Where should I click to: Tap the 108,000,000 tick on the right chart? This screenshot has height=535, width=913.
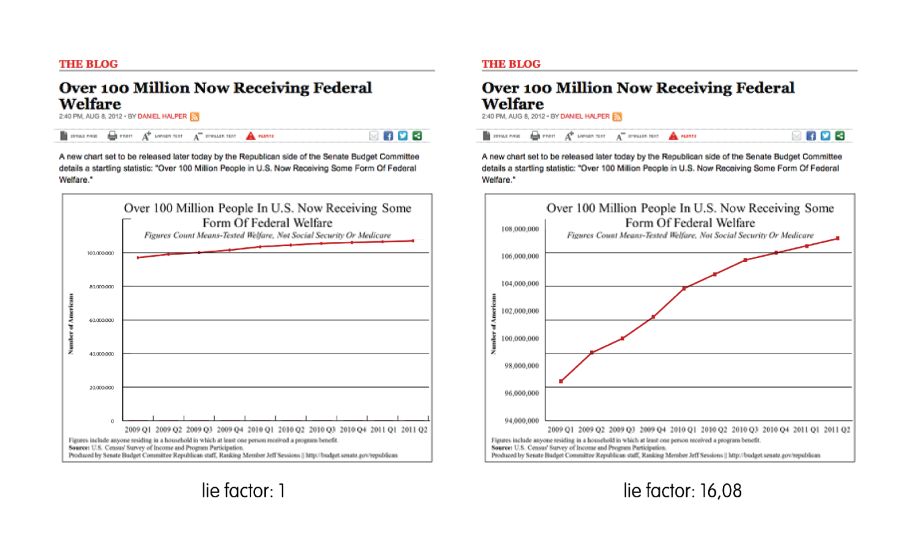520,230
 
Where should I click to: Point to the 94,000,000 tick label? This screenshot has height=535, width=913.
520,421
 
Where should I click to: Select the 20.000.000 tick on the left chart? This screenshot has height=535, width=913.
101,388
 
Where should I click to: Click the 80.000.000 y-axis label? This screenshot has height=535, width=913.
101,287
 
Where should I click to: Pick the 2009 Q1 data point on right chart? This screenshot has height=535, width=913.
561,381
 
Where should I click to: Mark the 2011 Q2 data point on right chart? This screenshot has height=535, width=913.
838,238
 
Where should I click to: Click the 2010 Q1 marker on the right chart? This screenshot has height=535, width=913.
684,288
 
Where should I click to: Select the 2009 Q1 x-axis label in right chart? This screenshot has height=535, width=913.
561,429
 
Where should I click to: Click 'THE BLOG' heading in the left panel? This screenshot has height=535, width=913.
88,64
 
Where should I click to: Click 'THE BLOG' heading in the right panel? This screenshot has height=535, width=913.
511,64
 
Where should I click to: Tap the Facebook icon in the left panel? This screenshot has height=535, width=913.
388,136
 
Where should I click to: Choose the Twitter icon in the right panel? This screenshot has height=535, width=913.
825,136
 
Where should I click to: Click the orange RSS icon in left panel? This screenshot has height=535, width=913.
195,116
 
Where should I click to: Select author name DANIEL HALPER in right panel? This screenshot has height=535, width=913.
585,116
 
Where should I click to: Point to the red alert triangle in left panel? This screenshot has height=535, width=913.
250,136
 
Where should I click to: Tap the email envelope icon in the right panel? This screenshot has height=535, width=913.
796,136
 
